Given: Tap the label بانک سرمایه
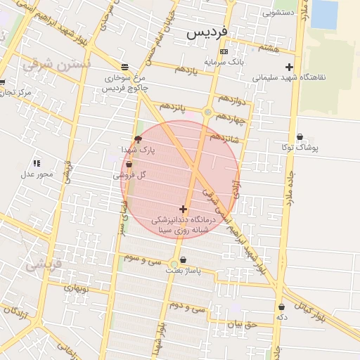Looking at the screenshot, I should [224, 62].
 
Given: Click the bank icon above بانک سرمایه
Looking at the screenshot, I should [224, 52].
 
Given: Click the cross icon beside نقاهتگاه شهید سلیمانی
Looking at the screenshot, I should [288, 67].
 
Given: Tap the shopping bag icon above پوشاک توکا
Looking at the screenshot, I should [300, 137].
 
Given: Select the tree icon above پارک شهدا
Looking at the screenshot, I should [137, 139].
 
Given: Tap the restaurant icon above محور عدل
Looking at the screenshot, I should [37, 163].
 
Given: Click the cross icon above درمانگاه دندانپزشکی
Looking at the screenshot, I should [183, 209].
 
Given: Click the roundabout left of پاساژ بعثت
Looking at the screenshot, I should [174, 264].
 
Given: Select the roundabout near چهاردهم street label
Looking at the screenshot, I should [208, 112].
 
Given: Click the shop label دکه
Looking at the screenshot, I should [282, 318].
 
